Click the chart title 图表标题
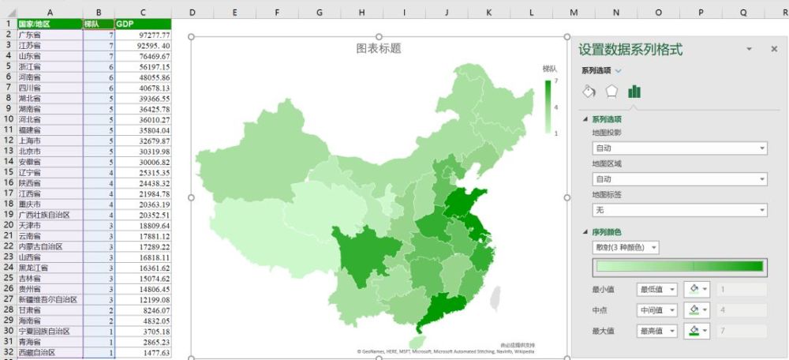(379, 48)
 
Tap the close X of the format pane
(774, 49)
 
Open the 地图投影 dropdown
(679, 148)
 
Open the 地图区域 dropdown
(679, 179)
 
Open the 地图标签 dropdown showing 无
(679, 210)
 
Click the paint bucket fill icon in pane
(588, 91)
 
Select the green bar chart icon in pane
(634, 91)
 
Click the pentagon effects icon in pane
(611, 91)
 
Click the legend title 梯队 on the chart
(549, 69)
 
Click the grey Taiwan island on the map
(496, 298)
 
